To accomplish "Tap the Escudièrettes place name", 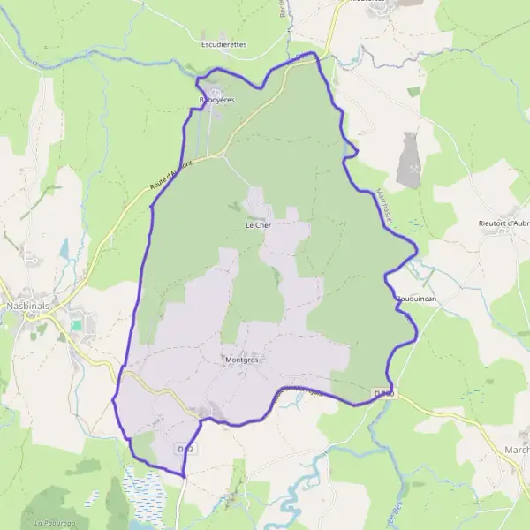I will coord(224,43).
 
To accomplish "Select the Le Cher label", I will coord(257,225).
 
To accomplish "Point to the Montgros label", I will coord(240,360).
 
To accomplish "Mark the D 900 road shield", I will coord(382,393).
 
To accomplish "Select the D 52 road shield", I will coord(185,450).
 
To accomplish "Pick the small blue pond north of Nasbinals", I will coord(64,249).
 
